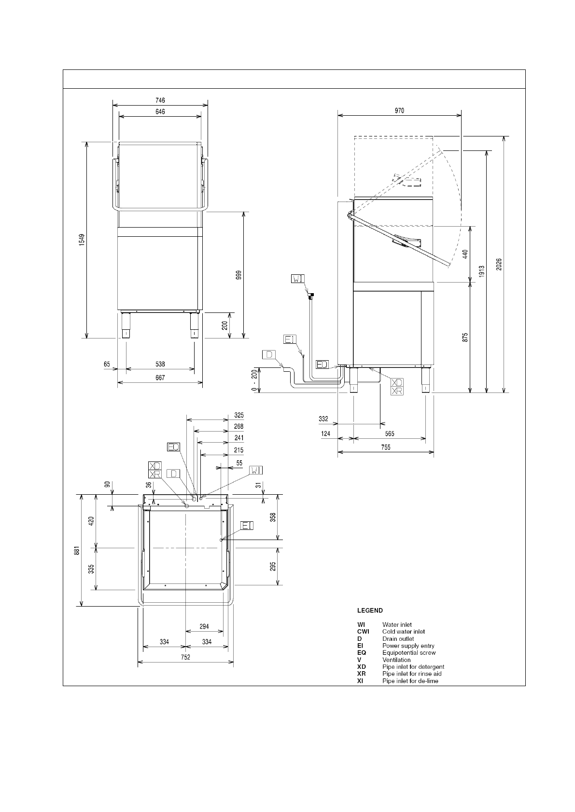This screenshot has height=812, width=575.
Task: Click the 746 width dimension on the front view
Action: pos(160,100)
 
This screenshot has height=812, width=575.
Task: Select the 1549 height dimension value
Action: pos(82,240)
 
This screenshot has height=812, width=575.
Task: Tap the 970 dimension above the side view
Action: pos(399,110)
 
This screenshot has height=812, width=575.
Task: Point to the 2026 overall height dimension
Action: pos(499,264)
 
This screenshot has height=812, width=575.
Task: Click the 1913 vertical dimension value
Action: pos(482,271)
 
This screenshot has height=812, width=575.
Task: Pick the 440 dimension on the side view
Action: pos(465,254)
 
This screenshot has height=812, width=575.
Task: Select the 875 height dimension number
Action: pos(465,337)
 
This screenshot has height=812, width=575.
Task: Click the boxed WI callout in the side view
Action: pos(298,278)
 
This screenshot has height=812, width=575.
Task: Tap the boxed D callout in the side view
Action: pos(269,354)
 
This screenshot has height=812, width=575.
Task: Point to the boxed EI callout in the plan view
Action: pos(247,525)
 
